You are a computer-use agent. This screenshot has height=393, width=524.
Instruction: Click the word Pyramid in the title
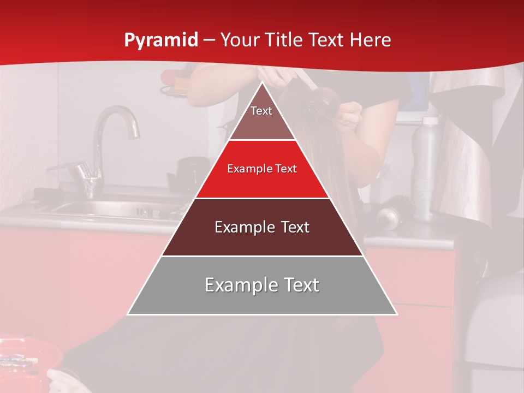click(x=160, y=40)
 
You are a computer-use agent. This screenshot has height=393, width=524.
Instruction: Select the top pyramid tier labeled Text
click(x=261, y=115)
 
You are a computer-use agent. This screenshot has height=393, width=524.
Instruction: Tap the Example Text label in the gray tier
click(x=262, y=285)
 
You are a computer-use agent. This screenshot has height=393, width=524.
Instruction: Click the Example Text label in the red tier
click(x=262, y=169)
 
